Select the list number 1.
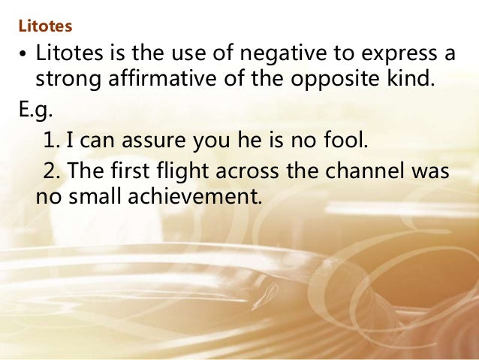[50, 139]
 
